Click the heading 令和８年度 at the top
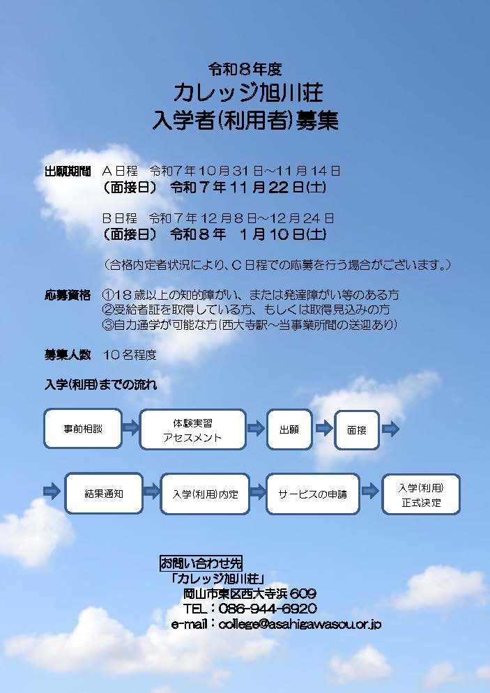pos(245,69)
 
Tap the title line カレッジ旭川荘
pos(247,93)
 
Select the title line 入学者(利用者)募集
pos(245,120)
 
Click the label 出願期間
pos(68,172)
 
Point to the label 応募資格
pos(68,295)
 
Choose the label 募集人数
pos(68,355)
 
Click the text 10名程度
pos(130,355)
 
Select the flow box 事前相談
pos(83,429)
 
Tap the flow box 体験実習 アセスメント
pos(192,429)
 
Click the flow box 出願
pos(289,429)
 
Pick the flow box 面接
pos(357,430)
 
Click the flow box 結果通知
pos(104,494)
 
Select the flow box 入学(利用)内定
pos(205,494)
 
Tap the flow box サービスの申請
pos(313,494)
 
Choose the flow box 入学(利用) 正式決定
pos(421,494)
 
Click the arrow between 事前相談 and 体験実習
pos(131,427)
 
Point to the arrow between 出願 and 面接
pos(324,428)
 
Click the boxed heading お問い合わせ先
pos(201,563)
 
